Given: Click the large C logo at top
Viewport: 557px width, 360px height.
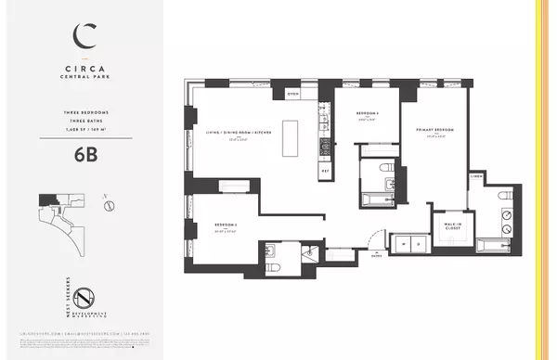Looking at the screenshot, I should click(81, 36).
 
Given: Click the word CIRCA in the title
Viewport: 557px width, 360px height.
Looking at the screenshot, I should click(81, 67).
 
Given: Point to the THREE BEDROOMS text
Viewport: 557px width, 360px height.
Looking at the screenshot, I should click(81, 115).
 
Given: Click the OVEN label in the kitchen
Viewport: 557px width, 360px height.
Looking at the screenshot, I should click(292, 94).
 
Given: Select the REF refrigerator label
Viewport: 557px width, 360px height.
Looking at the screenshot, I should click(325, 171).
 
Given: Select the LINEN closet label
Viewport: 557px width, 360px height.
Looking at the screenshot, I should click(477, 175).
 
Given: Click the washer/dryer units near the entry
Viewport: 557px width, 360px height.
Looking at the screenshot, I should click(405, 244).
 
